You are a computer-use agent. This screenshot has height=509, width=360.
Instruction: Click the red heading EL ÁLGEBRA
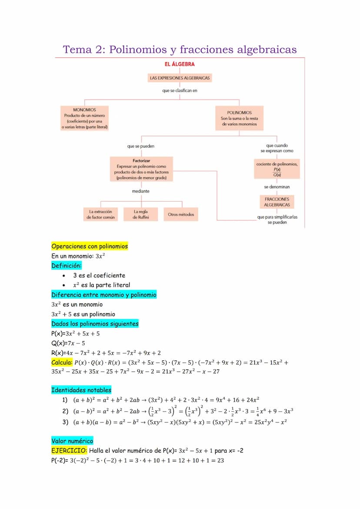[179, 64]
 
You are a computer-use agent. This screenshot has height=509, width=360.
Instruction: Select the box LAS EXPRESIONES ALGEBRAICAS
[180, 78]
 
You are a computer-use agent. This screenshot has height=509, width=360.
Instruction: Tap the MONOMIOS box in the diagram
[84, 118]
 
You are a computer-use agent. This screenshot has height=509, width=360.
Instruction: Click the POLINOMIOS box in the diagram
[239, 118]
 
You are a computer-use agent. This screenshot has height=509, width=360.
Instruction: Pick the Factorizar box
[141, 169]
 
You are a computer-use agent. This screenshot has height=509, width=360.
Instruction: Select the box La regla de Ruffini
[140, 214]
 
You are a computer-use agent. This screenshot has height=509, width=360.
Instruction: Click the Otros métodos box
[181, 214]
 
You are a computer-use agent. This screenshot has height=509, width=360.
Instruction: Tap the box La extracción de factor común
[100, 214]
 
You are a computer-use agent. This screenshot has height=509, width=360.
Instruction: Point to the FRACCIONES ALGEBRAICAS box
[277, 202]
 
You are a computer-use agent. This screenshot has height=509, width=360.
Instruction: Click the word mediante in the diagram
[140, 191]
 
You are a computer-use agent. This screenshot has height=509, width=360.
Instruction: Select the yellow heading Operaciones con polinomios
[90, 246]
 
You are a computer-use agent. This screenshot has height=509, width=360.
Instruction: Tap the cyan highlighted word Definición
[66, 266]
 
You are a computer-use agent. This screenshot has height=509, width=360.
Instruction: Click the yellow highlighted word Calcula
[61, 362]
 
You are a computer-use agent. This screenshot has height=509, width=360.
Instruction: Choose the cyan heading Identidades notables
[81, 390]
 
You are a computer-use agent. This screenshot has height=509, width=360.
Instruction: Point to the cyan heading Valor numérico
[72, 441]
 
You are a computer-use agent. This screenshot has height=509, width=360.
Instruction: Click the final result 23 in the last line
[220, 460]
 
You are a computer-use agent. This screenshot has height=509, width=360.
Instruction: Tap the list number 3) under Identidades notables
[65, 422]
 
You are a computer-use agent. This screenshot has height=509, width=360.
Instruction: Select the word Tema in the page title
[77, 50]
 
